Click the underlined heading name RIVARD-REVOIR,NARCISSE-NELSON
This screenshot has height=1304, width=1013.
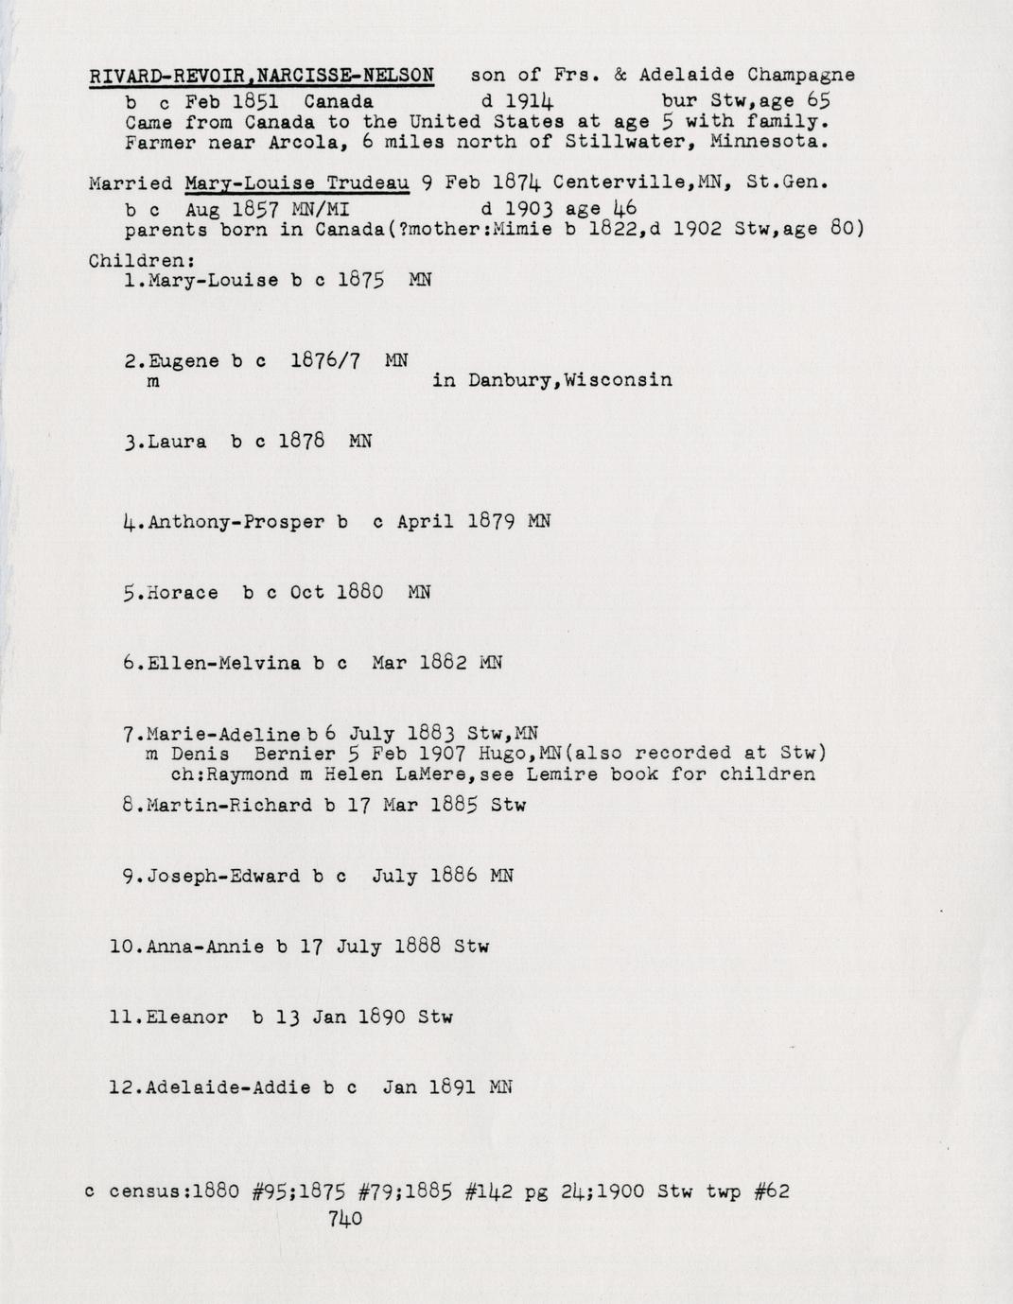click(x=261, y=75)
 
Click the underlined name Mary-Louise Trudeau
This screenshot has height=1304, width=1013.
click(x=297, y=183)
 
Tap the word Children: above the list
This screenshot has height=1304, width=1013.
click(x=141, y=260)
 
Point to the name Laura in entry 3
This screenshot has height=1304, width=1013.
click(x=177, y=442)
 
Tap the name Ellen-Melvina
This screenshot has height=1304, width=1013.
click(x=224, y=664)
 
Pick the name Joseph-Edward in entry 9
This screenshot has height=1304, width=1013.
click(x=223, y=877)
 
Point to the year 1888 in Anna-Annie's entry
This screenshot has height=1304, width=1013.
click(x=417, y=946)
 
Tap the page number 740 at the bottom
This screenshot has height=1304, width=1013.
click(x=345, y=1219)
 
